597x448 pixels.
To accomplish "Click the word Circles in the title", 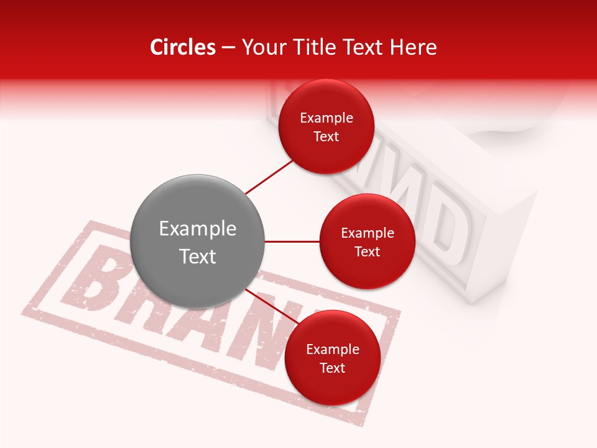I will pos(183,47).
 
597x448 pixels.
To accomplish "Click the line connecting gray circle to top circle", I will pos(269,177).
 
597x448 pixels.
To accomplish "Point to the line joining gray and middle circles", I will pos(292,241).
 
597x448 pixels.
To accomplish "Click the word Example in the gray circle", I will pos(198,229).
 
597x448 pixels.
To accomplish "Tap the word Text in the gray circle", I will pos(198,256).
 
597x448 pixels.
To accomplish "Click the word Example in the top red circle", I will pos(326,118).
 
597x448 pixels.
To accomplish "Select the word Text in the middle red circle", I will pos(367,251).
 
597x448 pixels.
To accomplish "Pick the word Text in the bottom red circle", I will pos(332,368).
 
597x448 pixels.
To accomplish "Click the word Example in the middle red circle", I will pos(368,233).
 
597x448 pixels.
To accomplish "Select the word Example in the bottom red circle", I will pos(333,350).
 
